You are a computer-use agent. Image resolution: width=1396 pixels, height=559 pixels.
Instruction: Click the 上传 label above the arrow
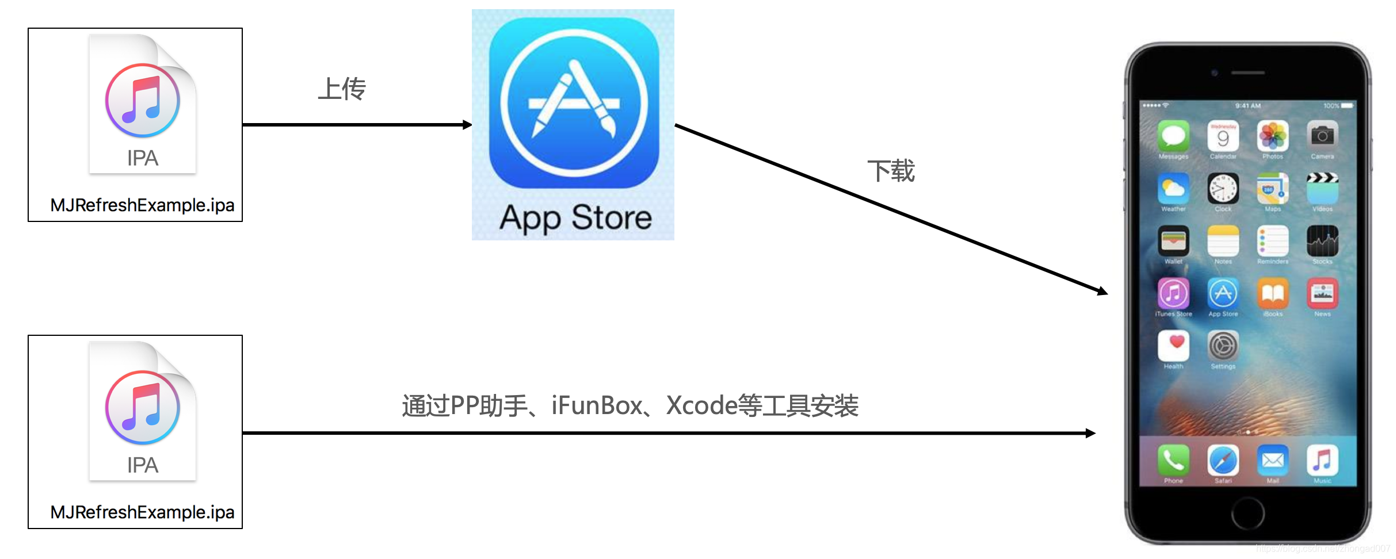(x=342, y=89)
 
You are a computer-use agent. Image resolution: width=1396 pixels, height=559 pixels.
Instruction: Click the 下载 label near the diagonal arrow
(x=891, y=171)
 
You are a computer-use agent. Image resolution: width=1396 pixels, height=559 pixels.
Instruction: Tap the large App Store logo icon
(x=574, y=103)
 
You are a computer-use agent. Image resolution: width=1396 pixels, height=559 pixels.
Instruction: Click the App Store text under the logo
(x=575, y=219)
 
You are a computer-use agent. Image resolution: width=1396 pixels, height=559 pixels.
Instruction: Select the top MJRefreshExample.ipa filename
(x=142, y=205)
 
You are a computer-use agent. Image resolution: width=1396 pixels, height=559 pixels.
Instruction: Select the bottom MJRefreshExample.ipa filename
(x=142, y=512)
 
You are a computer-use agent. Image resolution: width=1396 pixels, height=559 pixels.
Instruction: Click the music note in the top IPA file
(x=143, y=101)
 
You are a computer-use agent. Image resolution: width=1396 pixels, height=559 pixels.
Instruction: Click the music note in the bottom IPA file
(x=143, y=408)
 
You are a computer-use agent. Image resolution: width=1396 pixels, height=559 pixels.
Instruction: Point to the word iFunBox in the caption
(x=597, y=406)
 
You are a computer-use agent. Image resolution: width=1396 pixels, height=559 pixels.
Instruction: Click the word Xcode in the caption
(x=701, y=406)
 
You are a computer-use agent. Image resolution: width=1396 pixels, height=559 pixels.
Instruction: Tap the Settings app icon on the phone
(x=1223, y=346)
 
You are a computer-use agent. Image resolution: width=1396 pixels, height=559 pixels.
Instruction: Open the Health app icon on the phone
(x=1173, y=346)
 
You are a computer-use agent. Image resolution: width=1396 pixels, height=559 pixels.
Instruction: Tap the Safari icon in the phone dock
(x=1223, y=460)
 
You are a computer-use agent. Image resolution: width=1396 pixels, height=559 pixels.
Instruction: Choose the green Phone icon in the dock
(x=1173, y=460)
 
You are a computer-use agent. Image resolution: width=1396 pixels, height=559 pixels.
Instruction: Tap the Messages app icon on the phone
(x=1173, y=136)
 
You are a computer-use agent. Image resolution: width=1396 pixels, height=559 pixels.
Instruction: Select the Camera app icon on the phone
(x=1322, y=136)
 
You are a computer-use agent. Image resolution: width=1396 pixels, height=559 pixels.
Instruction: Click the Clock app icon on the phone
(x=1223, y=189)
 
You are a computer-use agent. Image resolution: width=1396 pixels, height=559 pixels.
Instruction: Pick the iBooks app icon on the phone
(x=1273, y=294)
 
